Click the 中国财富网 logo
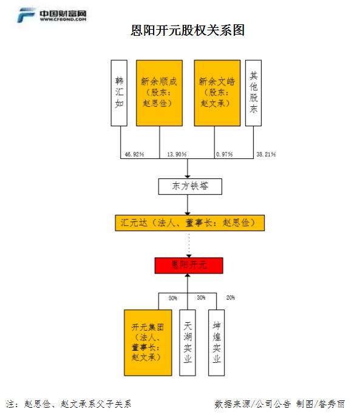(x=52, y=15)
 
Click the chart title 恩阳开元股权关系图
(x=187, y=30)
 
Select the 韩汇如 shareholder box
(x=119, y=93)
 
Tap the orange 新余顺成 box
(x=159, y=93)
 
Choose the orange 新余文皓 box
(x=217, y=93)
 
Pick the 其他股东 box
(x=254, y=93)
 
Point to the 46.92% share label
(x=134, y=154)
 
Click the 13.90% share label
(x=177, y=154)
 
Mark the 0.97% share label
(x=225, y=154)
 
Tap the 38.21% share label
(x=266, y=154)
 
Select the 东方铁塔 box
(x=190, y=187)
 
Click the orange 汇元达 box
(x=189, y=223)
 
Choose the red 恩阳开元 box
(x=189, y=265)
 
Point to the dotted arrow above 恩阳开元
(x=189, y=245)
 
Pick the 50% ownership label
(x=173, y=299)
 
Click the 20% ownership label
(x=231, y=298)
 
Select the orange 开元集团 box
(x=148, y=343)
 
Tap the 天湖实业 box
(x=188, y=343)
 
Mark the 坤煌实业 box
(x=216, y=343)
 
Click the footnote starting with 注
(x=69, y=404)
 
